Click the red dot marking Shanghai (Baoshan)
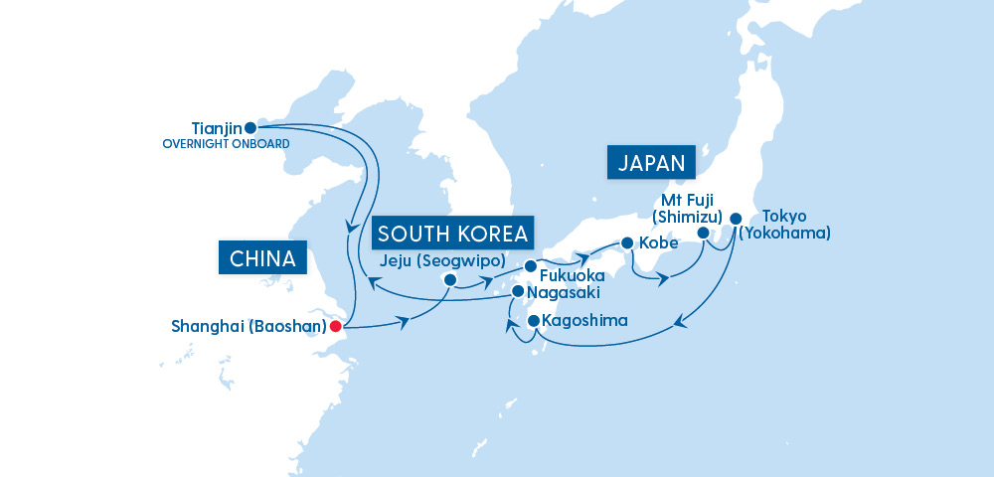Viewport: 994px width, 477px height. pos(336,325)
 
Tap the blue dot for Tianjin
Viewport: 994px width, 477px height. pos(250,128)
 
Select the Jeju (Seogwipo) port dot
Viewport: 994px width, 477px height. pos(449,280)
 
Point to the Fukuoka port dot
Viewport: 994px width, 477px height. pos(530,266)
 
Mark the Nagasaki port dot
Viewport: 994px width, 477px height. pos(517,292)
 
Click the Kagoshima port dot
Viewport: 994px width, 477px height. pos(534,321)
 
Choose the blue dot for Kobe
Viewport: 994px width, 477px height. pos(627,242)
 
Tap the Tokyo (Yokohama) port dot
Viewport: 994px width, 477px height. pos(736,218)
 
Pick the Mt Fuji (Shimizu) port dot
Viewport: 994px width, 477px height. pos(703,233)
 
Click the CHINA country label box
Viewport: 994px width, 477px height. pos(262,259)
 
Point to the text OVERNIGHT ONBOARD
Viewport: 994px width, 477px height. pos(226,144)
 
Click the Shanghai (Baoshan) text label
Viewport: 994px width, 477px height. pos(249,326)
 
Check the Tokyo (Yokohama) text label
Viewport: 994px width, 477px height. pos(785,225)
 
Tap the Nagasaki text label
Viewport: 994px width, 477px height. pos(564,293)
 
